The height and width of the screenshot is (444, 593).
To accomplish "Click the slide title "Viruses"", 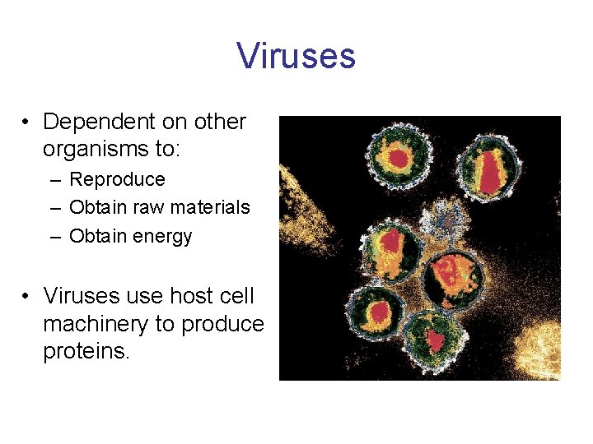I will tap(296, 56).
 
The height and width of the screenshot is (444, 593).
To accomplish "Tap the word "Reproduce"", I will tap(117, 179).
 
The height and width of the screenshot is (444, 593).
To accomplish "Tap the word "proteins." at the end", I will tap(86, 353).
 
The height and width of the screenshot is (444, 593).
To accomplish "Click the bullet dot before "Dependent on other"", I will tap(27, 123).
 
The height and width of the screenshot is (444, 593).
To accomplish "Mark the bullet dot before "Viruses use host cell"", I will tap(27, 296).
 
